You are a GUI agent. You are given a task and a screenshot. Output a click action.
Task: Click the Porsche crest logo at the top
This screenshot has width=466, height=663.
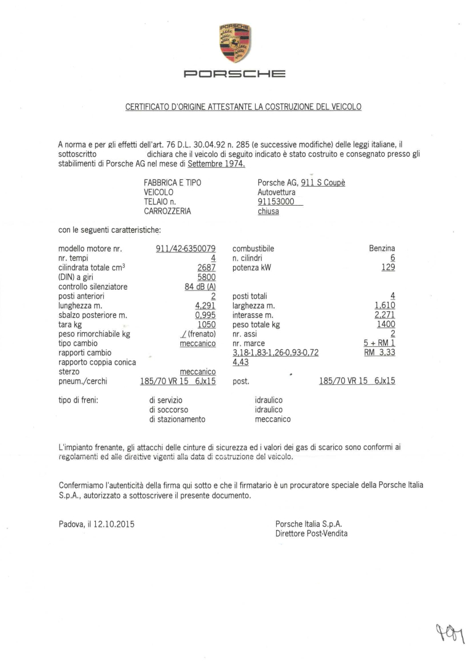235,44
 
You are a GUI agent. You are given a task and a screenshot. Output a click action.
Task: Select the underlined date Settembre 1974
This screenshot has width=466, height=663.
216,164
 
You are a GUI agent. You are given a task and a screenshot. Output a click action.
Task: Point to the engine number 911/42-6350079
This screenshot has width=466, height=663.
186,249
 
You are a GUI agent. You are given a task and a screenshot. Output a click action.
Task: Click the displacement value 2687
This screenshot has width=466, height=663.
206,268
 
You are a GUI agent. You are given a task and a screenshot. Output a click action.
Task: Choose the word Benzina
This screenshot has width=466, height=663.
382,249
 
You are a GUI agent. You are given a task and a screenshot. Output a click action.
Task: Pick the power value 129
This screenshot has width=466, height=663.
388,268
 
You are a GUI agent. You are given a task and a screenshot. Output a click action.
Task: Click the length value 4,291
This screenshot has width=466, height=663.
205,305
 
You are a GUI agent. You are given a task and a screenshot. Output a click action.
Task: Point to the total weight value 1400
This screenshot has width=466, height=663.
386,324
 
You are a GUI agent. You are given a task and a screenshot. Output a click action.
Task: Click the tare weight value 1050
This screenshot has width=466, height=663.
206,324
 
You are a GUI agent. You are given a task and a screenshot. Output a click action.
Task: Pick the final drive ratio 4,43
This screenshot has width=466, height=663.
240,362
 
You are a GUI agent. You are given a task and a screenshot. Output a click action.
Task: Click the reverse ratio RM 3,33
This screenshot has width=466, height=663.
379,353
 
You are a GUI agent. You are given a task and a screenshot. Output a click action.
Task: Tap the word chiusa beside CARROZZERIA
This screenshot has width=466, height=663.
268,211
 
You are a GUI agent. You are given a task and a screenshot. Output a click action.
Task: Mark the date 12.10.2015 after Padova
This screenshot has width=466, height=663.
114,524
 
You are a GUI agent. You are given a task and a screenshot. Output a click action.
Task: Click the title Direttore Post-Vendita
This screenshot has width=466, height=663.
312,533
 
